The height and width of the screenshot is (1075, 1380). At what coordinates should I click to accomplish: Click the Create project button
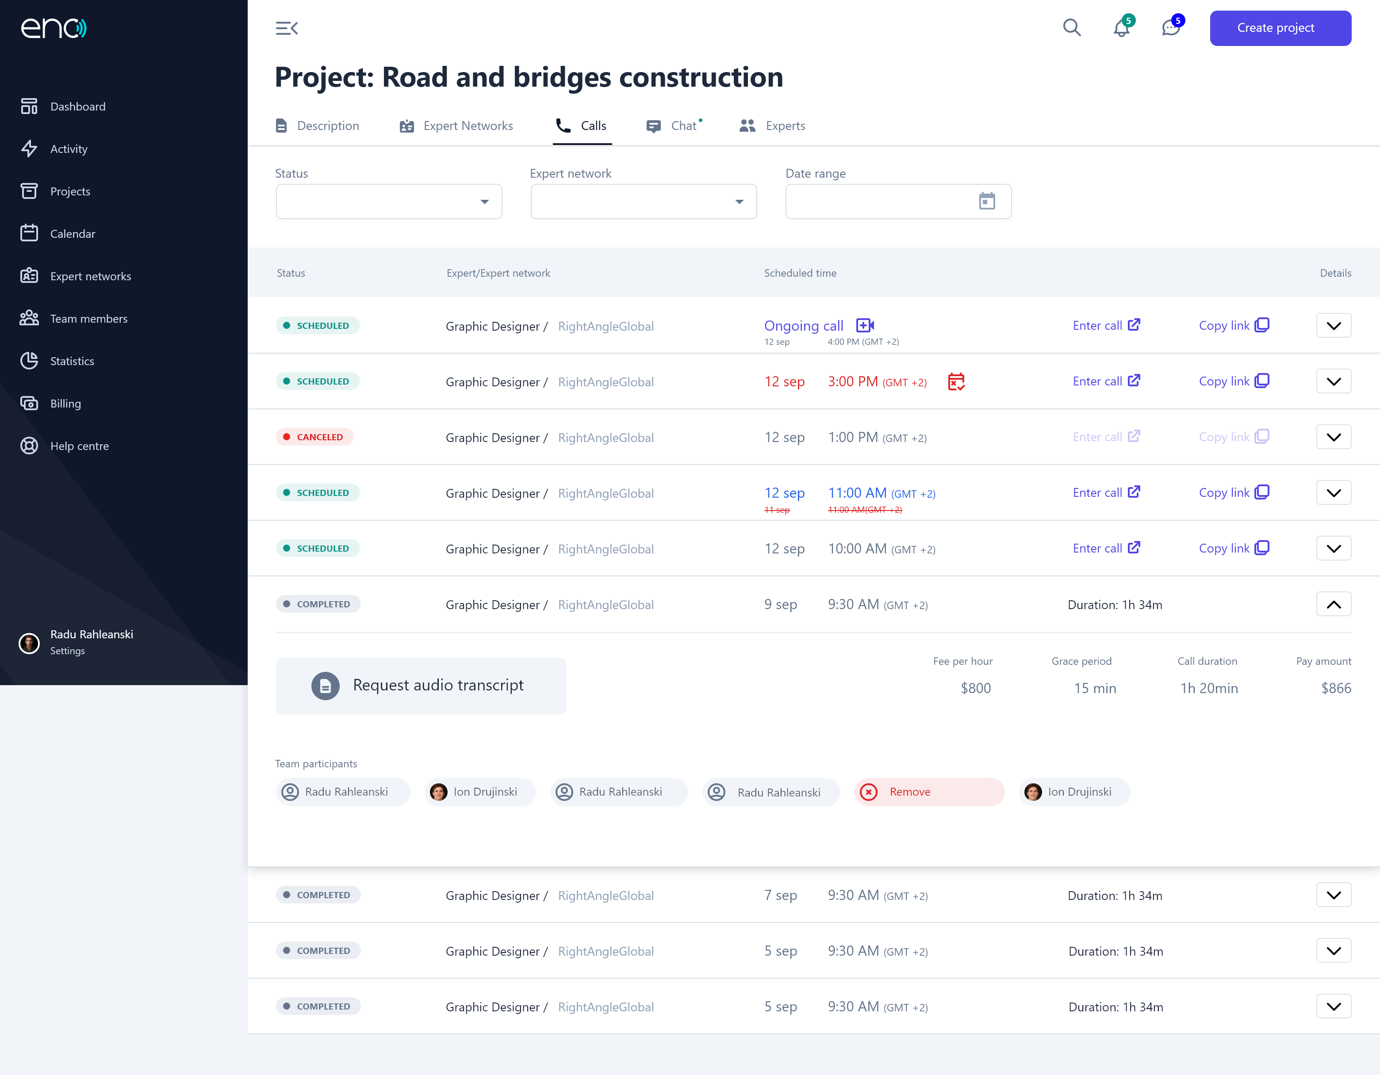coord(1280,28)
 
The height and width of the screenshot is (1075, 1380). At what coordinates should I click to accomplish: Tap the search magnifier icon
coord(1072,28)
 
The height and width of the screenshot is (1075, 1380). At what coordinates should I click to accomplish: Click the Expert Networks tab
coord(456,126)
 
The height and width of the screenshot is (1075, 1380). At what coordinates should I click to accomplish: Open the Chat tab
coord(674,126)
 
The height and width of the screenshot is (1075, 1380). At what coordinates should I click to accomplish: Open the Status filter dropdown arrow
coord(485,202)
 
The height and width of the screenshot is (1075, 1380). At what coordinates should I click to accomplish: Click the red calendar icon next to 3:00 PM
coord(956,381)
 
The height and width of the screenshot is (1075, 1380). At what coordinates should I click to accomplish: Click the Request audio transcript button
coord(421,685)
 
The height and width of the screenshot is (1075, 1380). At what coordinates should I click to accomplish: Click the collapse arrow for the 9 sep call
coord(1334,604)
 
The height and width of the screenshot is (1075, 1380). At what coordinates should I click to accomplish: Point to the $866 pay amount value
coord(1336,688)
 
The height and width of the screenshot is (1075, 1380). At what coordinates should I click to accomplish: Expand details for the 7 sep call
coord(1334,895)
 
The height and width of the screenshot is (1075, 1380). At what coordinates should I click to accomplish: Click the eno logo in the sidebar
coord(54,28)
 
